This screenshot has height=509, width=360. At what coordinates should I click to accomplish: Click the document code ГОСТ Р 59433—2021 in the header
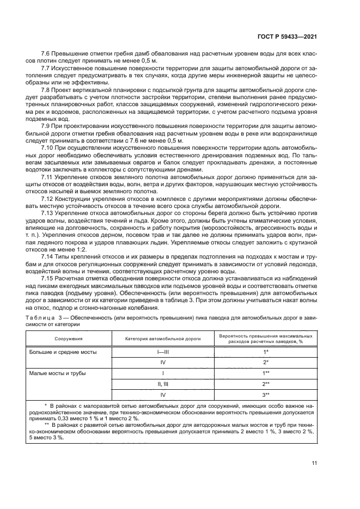tap(286, 36)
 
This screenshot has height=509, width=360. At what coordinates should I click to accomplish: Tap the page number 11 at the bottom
tap(314, 463)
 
